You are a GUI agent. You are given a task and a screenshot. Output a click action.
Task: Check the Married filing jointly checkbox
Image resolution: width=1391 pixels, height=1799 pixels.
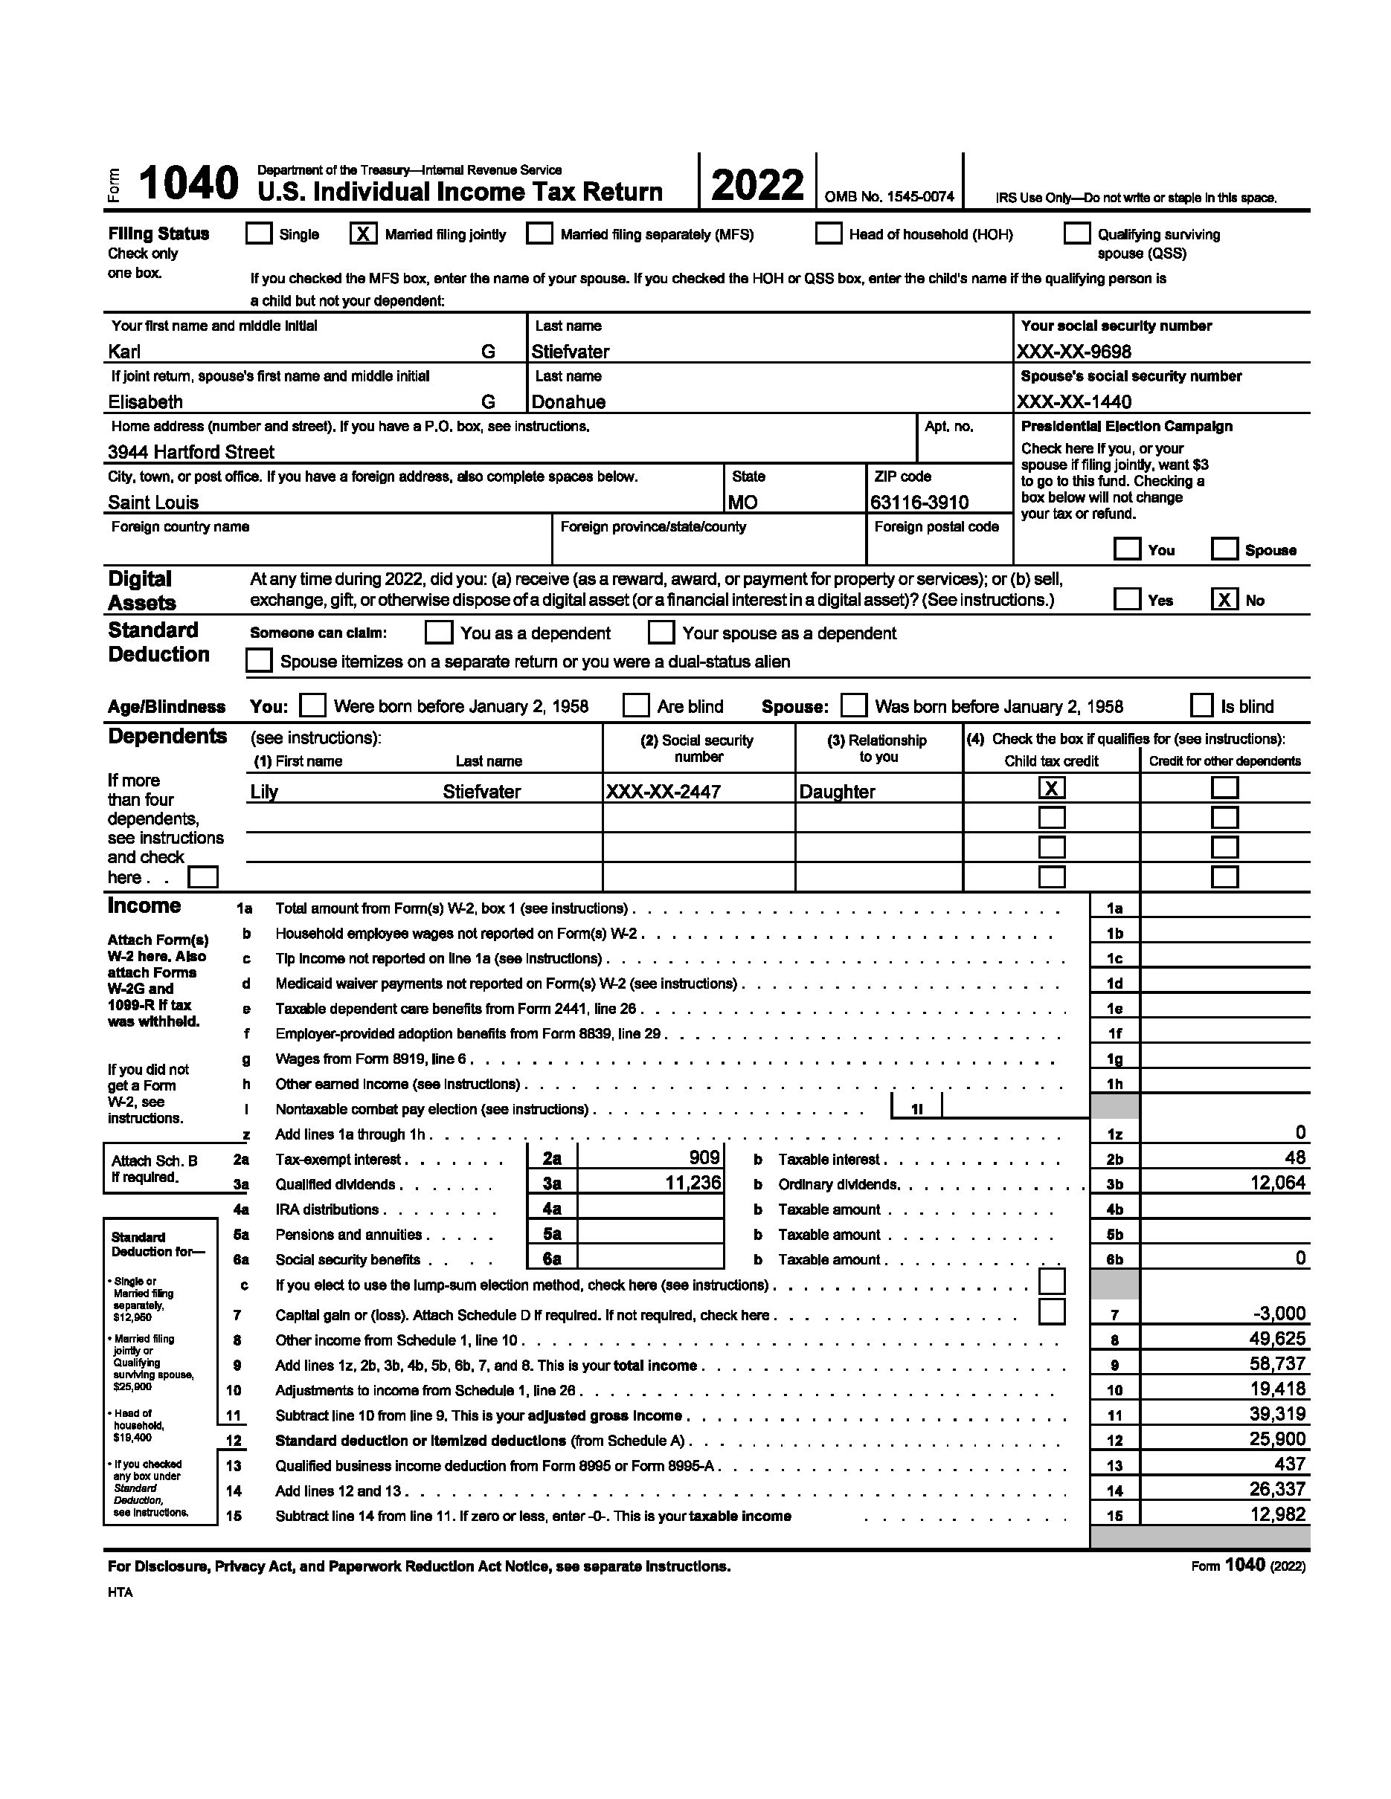coord(362,234)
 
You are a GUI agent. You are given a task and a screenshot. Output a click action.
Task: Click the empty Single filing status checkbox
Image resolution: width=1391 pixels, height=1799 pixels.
coord(259,234)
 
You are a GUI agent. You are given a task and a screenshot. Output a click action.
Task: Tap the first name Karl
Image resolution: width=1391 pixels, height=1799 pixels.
coord(124,352)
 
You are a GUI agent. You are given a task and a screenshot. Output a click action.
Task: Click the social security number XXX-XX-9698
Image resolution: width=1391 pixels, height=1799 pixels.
coord(1073,352)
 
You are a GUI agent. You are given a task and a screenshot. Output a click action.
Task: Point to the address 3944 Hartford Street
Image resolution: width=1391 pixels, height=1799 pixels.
coord(191,452)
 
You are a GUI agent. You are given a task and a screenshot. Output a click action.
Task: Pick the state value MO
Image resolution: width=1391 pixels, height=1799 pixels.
coord(743,503)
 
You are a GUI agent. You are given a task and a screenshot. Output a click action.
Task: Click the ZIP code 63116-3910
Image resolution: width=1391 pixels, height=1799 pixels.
coord(919,503)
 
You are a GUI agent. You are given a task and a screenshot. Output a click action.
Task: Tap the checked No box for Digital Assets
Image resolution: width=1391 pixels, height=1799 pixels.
coord(1224,600)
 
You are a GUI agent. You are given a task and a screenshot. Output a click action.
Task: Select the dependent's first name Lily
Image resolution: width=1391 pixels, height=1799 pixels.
coord(265,792)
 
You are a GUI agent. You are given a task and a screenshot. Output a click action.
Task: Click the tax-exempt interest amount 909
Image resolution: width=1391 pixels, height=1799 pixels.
coord(704,1158)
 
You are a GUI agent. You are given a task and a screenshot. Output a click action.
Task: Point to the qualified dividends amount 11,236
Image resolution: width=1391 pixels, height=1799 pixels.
coord(693,1183)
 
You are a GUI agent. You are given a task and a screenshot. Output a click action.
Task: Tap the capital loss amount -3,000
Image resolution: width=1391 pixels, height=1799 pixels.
coord(1278,1314)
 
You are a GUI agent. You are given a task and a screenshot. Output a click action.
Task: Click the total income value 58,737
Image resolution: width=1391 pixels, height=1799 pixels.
coord(1277,1364)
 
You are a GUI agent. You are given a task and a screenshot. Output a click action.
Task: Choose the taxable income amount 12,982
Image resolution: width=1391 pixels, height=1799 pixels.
coord(1277,1515)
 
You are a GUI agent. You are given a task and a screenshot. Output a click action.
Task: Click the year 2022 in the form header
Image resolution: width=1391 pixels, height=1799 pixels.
coord(757,184)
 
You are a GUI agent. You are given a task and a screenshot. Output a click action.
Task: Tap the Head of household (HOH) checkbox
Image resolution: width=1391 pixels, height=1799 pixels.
coord(828,234)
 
